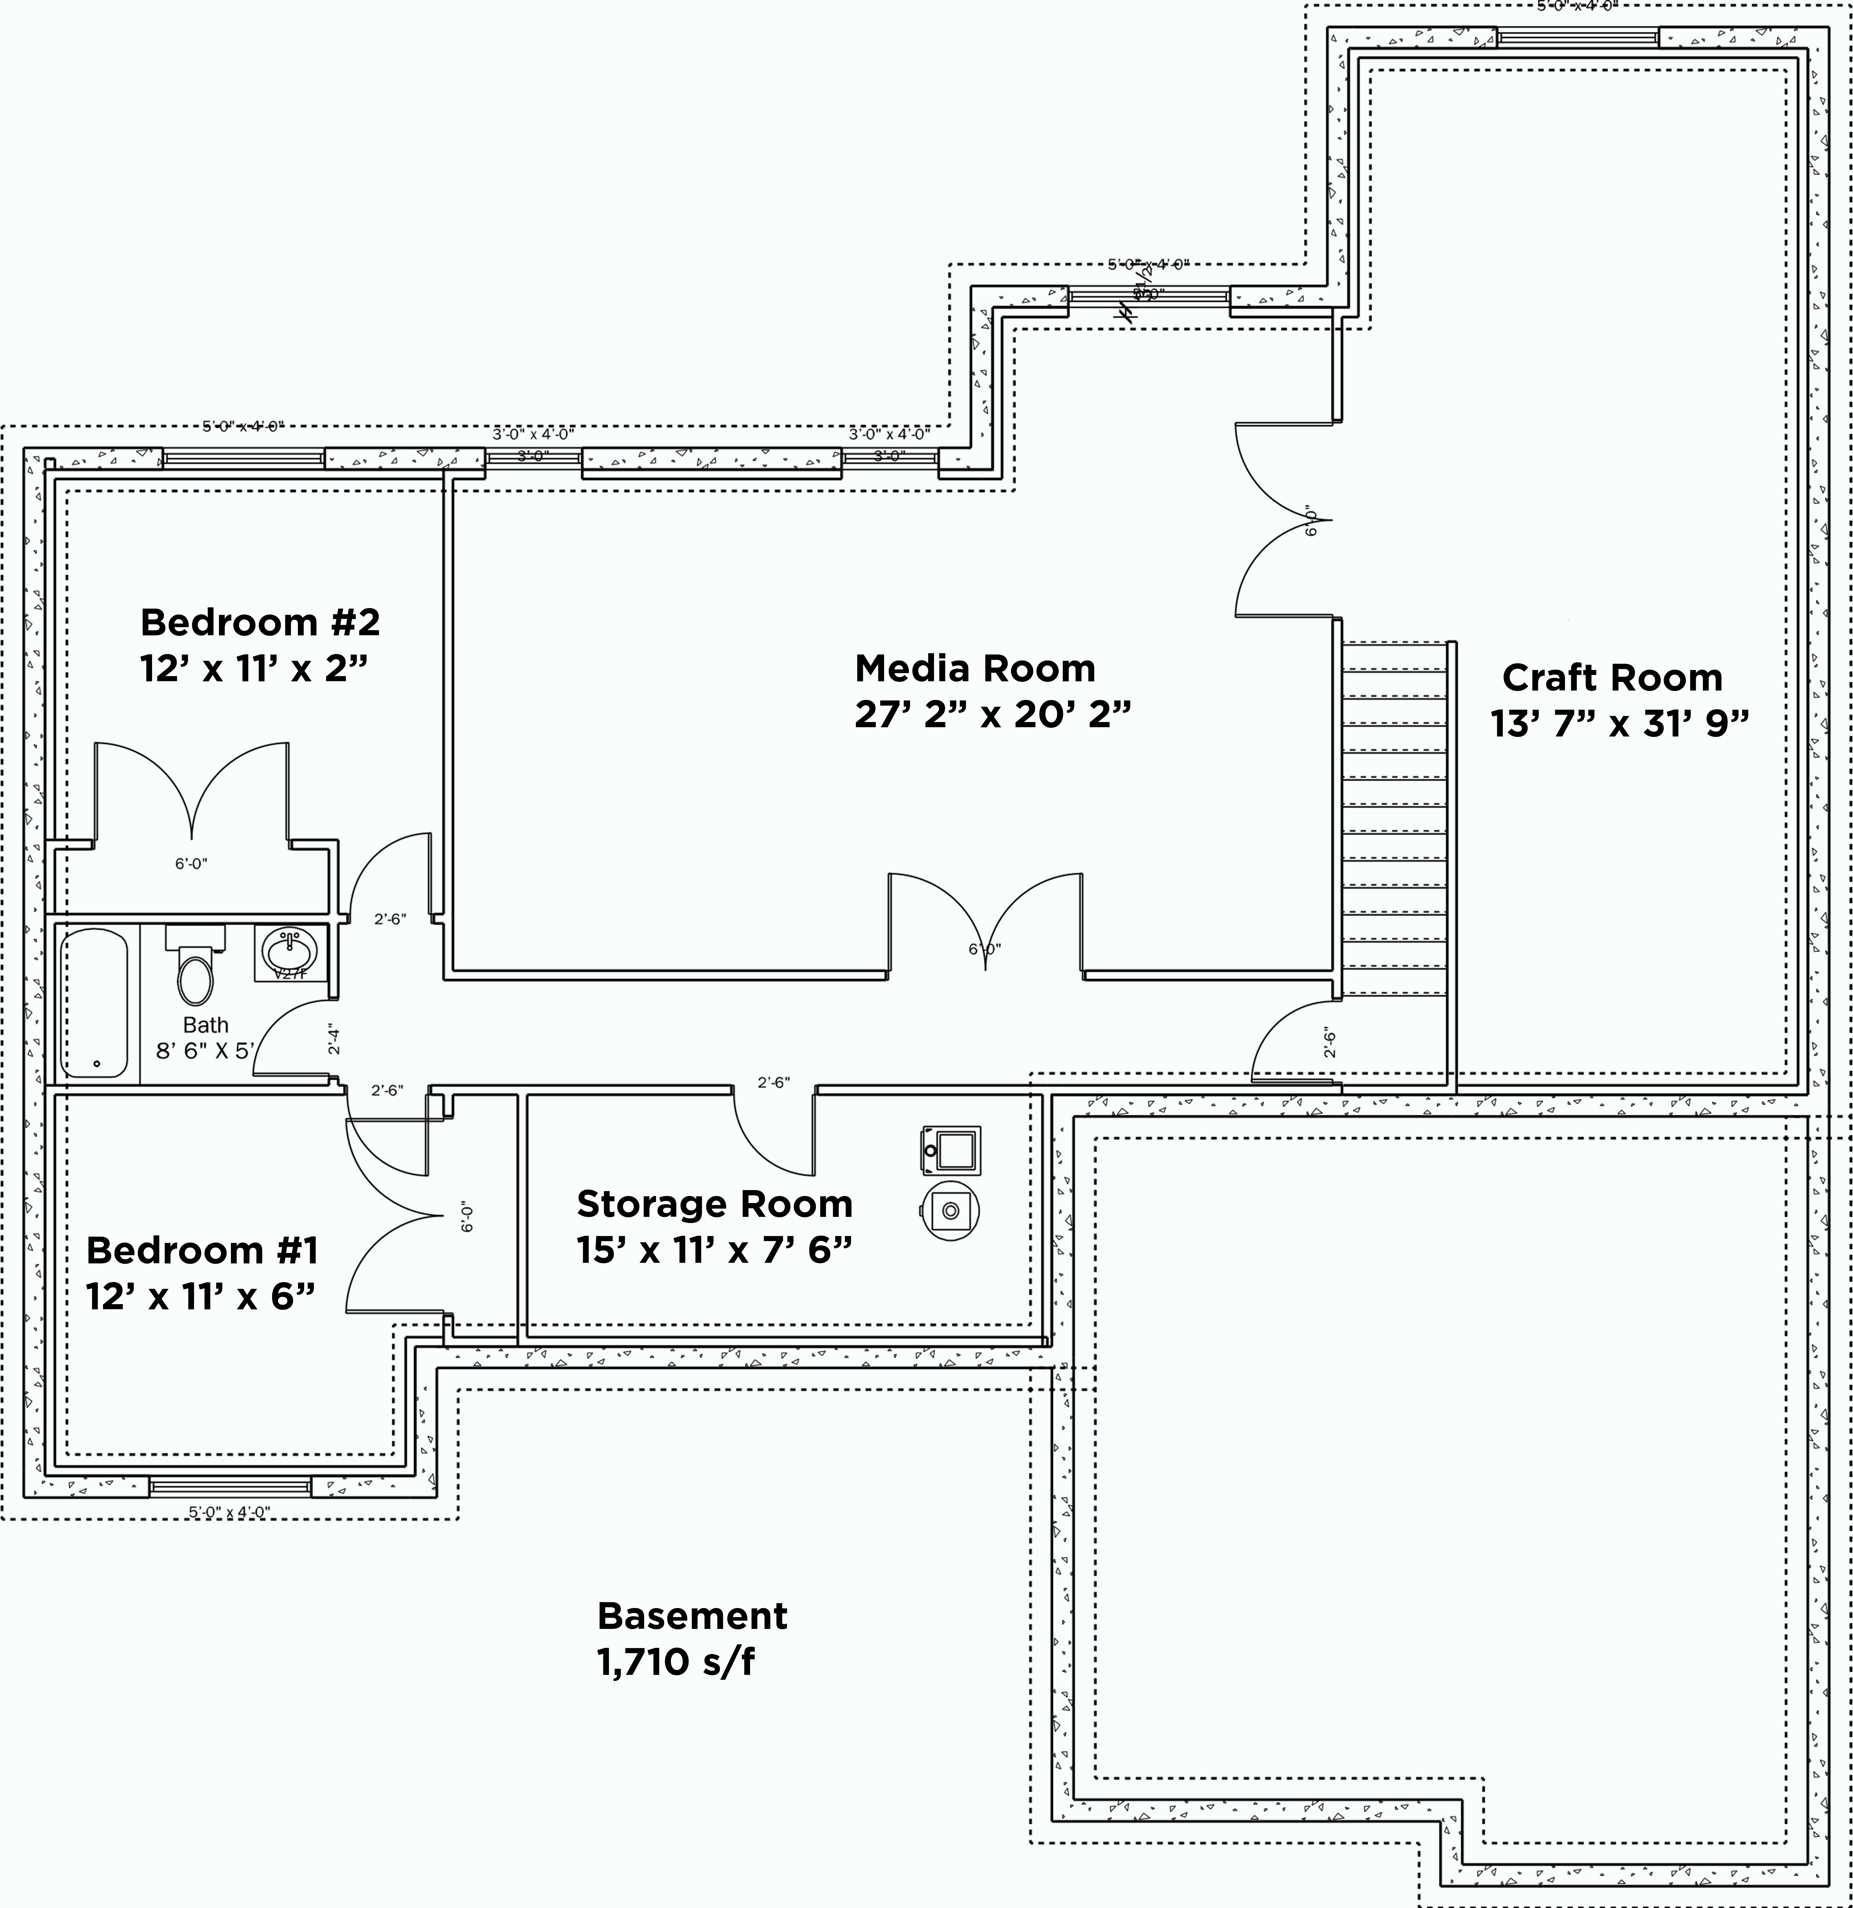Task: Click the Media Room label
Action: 975,669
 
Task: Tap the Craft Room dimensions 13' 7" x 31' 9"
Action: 1619,723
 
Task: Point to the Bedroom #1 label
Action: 202,1250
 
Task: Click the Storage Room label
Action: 714,1204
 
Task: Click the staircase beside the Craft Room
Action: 1394,818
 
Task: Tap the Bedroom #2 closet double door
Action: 192,793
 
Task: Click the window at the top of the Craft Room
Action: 1578,38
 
